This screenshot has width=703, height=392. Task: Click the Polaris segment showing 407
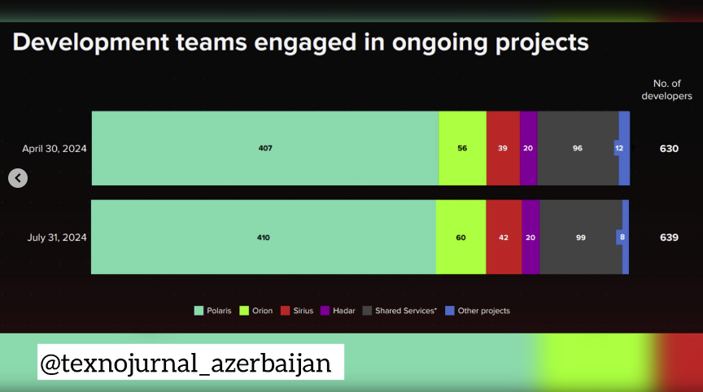pyautogui.click(x=265, y=148)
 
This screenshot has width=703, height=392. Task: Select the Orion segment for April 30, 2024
pyautogui.click(x=462, y=148)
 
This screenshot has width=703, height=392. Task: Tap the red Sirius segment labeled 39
pyautogui.click(x=503, y=148)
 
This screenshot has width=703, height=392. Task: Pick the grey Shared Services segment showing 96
pyautogui.click(x=578, y=148)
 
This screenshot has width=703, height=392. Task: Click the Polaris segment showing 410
pyautogui.click(x=263, y=237)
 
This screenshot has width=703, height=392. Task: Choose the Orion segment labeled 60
pyautogui.click(x=461, y=237)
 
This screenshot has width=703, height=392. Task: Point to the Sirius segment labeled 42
pyautogui.click(x=504, y=237)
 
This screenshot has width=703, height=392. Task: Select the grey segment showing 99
pyautogui.click(x=581, y=237)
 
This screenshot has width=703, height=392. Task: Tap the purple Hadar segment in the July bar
pyautogui.click(x=531, y=237)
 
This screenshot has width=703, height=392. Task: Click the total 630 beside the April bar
pyautogui.click(x=669, y=149)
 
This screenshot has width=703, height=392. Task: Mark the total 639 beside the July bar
pyautogui.click(x=669, y=237)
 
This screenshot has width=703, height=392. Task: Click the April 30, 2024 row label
pyautogui.click(x=55, y=149)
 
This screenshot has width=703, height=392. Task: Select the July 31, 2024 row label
pyautogui.click(x=57, y=237)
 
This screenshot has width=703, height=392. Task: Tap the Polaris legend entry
pyautogui.click(x=212, y=311)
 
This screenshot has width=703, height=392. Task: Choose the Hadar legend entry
pyautogui.click(x=338, y=311)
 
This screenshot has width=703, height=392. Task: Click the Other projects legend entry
pyautogui.click(x=478, y=311)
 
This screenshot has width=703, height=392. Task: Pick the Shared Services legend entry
pyautogui.click(x=400, y=311)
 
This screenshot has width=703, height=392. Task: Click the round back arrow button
pyautogui.click(x=18, y=178)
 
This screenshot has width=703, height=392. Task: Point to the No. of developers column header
pyautogui.click(x=666, y=89)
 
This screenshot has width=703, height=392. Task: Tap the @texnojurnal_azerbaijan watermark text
pyautogui.click(x=186, y=363)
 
